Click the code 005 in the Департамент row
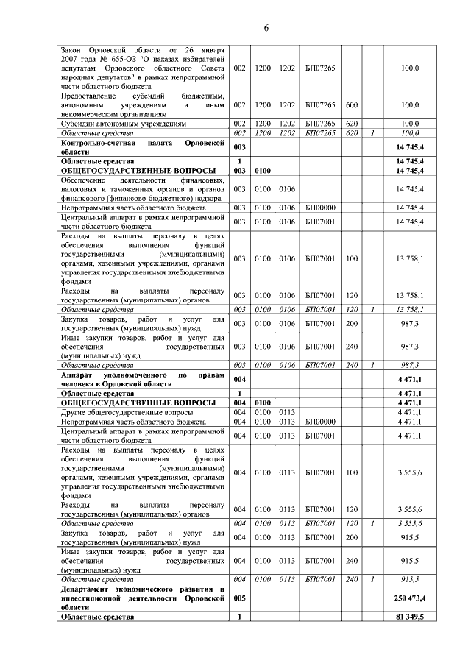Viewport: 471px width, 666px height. (x=239, y=598)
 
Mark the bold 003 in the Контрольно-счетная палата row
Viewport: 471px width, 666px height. (x=239, y=147)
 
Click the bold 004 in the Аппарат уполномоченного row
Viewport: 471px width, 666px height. (x=239, y=379)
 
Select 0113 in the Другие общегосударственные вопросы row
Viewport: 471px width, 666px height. (x=286, y=412)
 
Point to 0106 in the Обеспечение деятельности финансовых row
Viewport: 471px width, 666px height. (x=286, y=189)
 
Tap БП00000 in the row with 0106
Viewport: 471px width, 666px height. (x=319, y=208)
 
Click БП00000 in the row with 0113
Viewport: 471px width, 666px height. (x=319, y=422)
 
